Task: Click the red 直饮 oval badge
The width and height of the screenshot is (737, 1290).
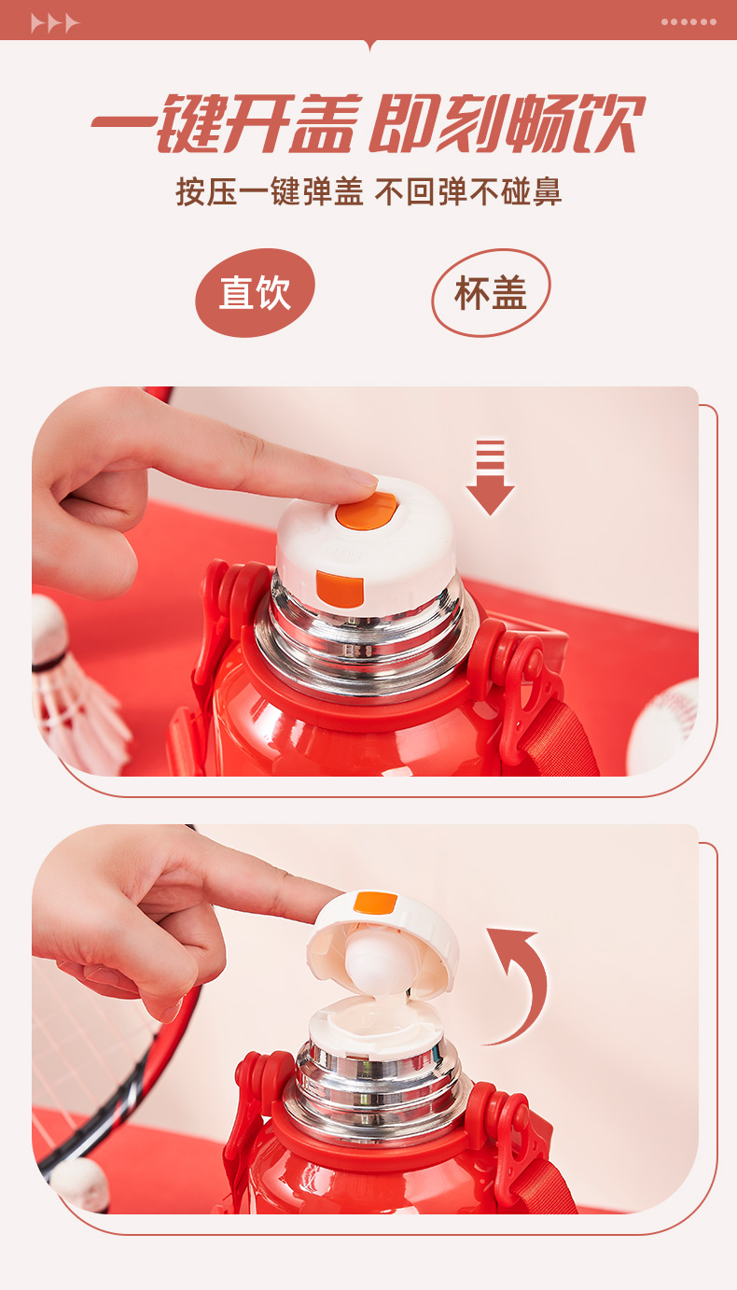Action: (255, 292)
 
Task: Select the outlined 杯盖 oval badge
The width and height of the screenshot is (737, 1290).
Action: (491, 292)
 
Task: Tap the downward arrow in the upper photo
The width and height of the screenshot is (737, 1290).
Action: (490, 477)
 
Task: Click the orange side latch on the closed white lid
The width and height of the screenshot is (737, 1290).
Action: (340, 589)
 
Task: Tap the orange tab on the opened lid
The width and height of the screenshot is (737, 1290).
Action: (375, 903)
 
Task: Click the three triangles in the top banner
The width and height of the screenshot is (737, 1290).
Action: (55, 23)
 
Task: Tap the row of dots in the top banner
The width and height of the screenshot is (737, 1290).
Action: (688, 21)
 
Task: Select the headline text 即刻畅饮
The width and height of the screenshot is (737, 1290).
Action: (507, 123)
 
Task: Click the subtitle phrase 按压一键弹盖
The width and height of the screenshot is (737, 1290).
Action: (270, 191)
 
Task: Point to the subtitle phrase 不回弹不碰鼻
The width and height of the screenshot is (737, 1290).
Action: (468, 191)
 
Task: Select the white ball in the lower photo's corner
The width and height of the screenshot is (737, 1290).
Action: (79, 1185)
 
